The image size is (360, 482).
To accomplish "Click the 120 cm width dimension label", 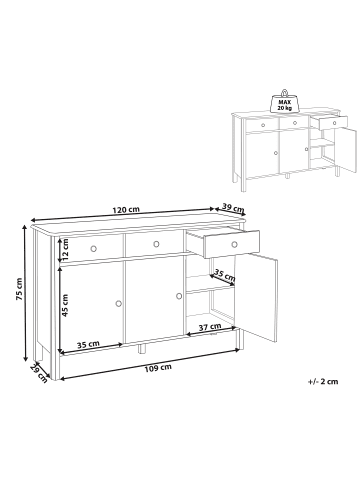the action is [126, 210].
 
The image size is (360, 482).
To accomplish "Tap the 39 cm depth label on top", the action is [233, 208].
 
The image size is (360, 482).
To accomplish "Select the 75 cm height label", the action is [19, 289].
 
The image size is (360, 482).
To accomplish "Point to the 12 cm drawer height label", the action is [65, 250].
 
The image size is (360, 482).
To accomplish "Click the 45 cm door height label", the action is [65, 305].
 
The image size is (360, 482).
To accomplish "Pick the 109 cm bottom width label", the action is [158, 367].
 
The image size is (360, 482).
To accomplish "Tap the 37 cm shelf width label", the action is [210, 327].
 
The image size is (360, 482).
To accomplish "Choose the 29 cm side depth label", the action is [39, 373].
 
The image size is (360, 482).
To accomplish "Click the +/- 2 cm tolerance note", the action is [323, 382].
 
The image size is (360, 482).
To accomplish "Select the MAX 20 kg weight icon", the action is [284, 102].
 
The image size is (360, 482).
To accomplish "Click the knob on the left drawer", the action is [93, 248].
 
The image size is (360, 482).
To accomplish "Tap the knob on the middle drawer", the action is [156, 244].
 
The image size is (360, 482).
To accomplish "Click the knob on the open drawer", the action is [234, 245].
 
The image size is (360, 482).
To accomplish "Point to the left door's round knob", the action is [119, 303].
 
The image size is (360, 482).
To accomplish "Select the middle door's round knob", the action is [179, 296].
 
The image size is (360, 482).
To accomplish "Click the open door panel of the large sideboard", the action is [256, 298].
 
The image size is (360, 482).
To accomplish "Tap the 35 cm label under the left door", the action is [88, 344].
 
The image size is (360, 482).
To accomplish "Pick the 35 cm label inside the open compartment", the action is [224, 275].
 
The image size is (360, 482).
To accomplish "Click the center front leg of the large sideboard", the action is [142, 348].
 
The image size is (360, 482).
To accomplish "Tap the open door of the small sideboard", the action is [345, 151].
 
